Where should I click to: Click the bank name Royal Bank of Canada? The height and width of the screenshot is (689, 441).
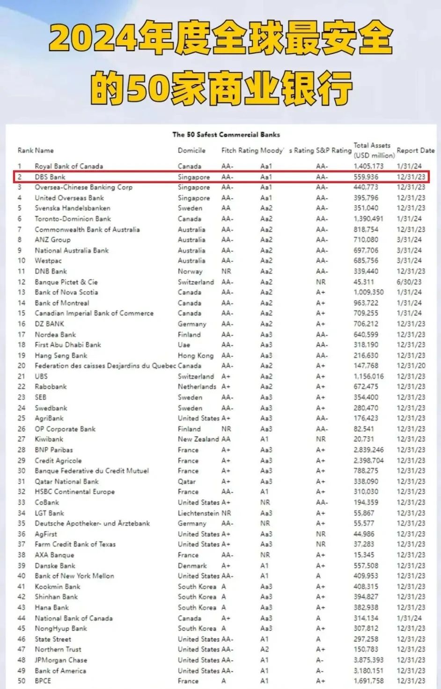coord(69,166)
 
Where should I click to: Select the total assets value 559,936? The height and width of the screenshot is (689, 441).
coord(366,177)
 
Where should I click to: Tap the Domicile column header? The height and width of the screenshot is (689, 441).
coord(191,151)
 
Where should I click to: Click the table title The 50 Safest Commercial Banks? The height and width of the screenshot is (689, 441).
coord(226,135)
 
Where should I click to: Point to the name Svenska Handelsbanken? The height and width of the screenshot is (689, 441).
coord(73,208)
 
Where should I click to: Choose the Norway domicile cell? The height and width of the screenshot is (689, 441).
coord(190,271)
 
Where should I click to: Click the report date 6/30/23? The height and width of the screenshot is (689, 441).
coord(409,282)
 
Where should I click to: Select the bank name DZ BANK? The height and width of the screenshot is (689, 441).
coord(50,324)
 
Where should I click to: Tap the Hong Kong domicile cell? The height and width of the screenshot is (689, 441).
coord(196,355)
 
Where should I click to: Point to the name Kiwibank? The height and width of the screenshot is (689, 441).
coord(49,439)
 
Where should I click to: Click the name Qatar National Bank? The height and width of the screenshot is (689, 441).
coord(67,481)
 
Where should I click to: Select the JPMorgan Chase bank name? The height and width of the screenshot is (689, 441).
coord(61,660)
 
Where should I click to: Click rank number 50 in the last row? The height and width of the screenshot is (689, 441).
coord(22,681)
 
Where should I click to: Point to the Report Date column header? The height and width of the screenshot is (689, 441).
coord(416,151)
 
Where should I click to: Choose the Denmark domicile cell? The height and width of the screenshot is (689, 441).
coord(192,566)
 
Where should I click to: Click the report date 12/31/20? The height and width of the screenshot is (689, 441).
coord(411,366)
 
